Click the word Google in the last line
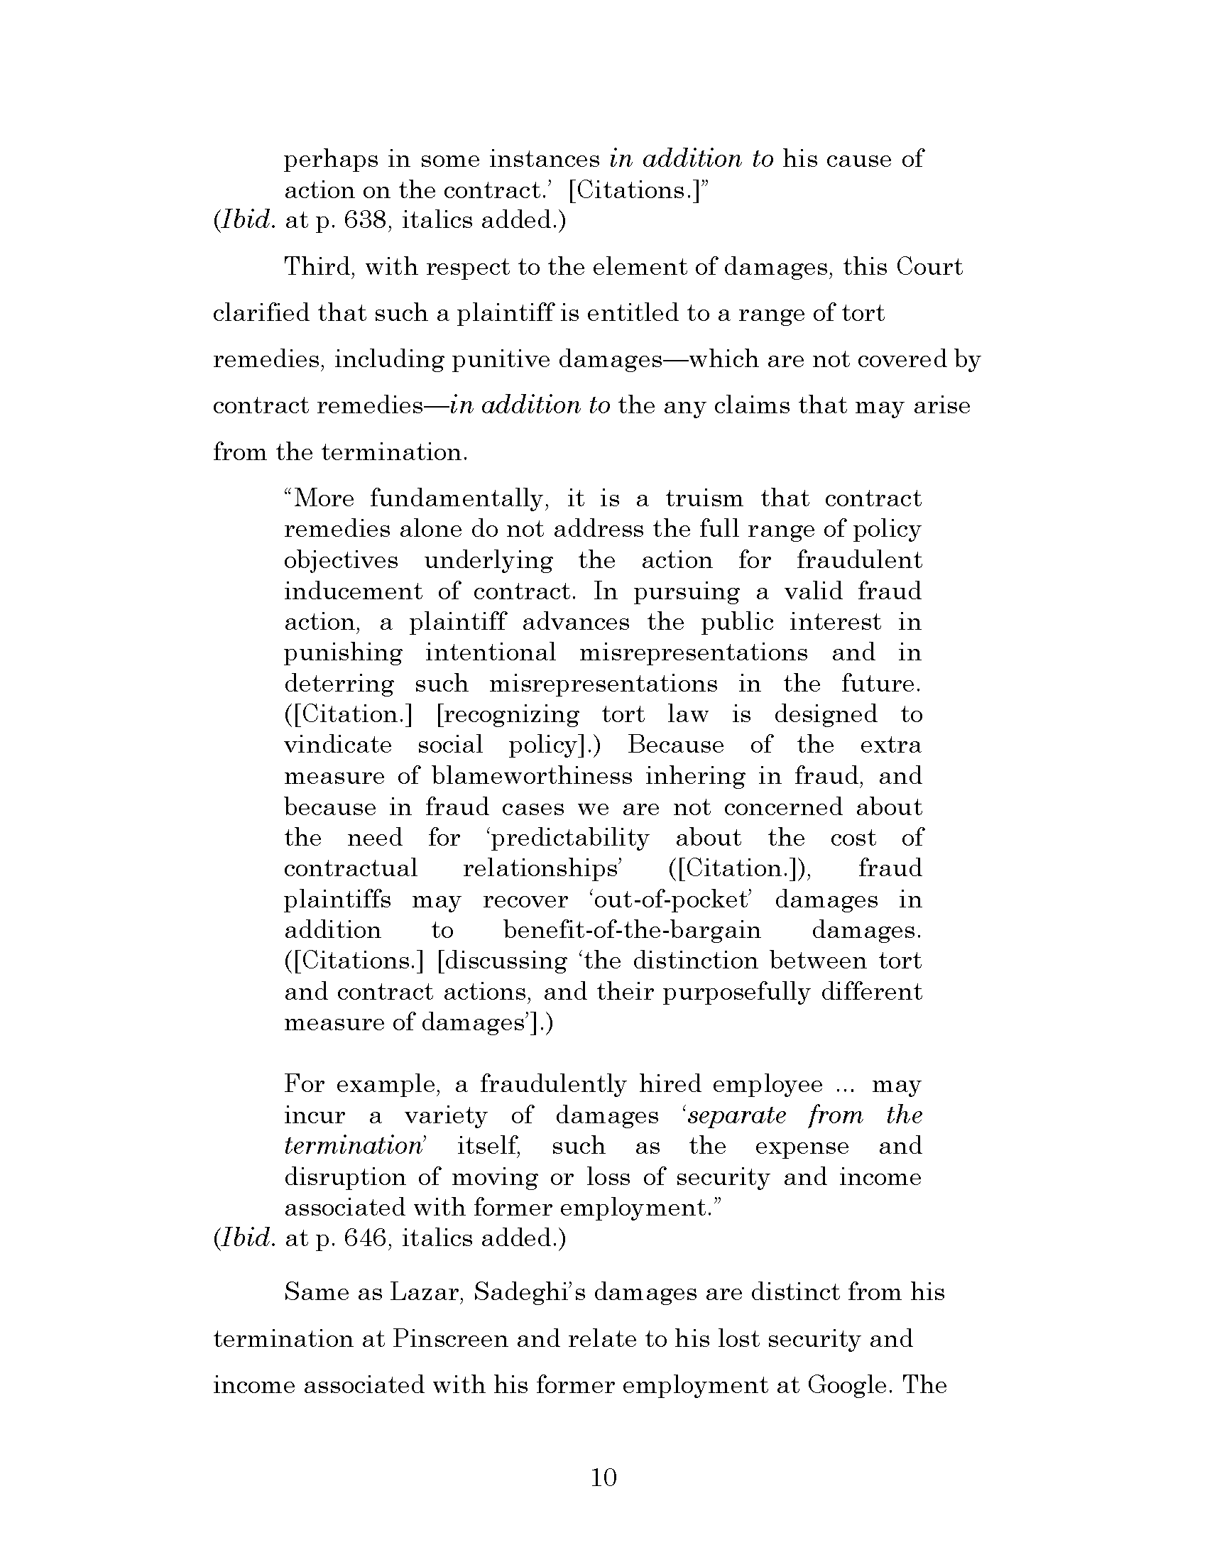click(848, 1385)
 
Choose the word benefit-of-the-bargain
click(632, 930)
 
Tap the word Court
click(929, 268)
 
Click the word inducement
click(346, 591)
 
